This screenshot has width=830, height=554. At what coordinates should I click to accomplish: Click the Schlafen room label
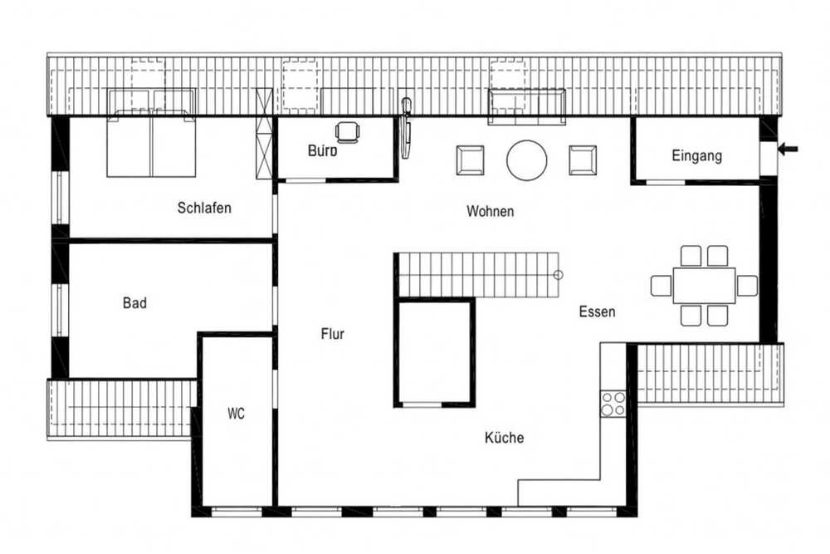(204, 208)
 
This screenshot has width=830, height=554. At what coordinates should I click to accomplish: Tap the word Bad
(134, 303)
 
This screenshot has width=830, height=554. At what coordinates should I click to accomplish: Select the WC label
(236, 413)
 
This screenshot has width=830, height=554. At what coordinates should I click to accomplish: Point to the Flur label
(333, 334)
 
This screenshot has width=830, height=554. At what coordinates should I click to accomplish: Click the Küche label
(505, 438)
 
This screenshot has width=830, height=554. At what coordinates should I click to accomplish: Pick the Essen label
(597, 311)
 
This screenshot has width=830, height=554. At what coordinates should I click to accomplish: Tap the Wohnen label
(491, 211)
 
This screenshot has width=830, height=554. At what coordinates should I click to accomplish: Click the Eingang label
(696, 155)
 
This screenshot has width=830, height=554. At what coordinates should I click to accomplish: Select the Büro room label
(322, 151)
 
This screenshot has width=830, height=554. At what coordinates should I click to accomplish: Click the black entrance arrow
(788, 150)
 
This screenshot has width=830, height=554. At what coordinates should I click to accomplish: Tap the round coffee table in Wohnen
(527, 160)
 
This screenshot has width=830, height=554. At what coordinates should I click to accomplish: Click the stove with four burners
(613, 403)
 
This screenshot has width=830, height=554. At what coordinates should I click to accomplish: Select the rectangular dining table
(704, 286)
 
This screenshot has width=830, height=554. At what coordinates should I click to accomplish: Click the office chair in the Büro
(347, 132)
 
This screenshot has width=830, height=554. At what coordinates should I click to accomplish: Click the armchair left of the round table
(470, 160)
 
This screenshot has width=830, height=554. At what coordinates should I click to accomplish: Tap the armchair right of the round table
(583, 160)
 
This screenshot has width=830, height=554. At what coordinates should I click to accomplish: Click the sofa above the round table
(527, 107)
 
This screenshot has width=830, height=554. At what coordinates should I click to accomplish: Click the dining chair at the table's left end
(662, 286)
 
